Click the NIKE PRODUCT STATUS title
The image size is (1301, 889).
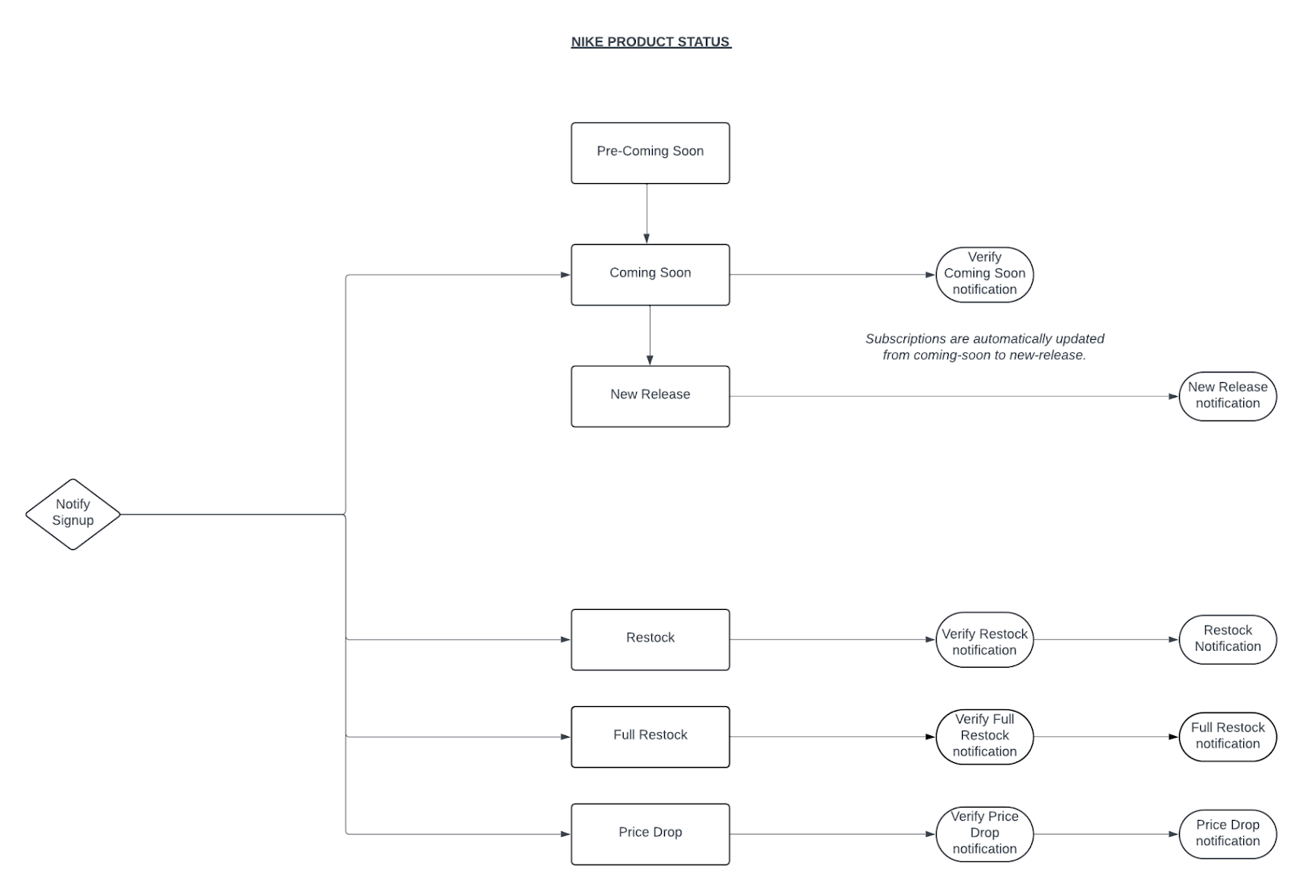pyautogui.click(x=650, y=41)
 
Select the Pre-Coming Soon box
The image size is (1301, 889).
pyautogui.click(x=650, y=153)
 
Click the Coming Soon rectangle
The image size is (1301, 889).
pyautogui.click(x=650, y=275)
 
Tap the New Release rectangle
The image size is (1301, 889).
pyautogui.click(x=650, y=396)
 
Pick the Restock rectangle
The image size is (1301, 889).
pyautogui.click(x=650, y=640)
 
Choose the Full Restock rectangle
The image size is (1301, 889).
pyautogui.click(x=650, y=737)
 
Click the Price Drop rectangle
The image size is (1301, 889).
pyautogui.click(x=650, y=835)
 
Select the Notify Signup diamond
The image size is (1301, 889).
pyautogui.click(x=72, y=514)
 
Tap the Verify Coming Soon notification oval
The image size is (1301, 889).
pyautogui.click(x=985, y=275)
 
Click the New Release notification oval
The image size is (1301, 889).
pyautogui.click(x=1228, y=396)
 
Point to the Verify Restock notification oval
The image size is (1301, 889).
pyautogui.click(x=985, y=640)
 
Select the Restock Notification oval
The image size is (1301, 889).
pyautogui.click(x=1228, y=640)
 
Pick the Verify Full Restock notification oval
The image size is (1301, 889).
pyautogui.click(x=985, y=737)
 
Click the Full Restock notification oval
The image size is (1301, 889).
pyautogui.click(x=1228, y=737)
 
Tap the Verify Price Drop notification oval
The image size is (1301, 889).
pyautogui.click(x=985, y=835)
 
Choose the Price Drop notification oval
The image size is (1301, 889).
pyautogui.click(x=1228, y=835)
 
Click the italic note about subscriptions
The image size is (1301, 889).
pyautogui.click(x=985, y=346)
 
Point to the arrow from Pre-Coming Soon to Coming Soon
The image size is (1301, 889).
pyautogui.click(x=646, y=214)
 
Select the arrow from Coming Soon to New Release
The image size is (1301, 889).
pyautogui.click(x=650, y=335)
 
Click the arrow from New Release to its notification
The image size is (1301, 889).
pyautogui.click(x=955, y=396)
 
